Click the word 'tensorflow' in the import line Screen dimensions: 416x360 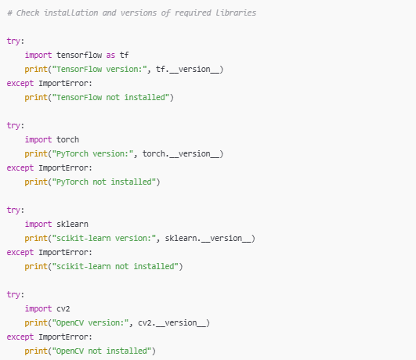tap(79, 55)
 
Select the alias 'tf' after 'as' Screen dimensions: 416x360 tap(124, 55)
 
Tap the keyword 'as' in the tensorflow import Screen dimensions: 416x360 tap(110, 56)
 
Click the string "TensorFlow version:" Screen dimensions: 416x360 tap(99, 69)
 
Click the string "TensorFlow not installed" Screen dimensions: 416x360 tap(110, 97)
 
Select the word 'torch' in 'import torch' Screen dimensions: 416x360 tap(67, 139)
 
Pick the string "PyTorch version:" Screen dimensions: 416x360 tap(92, 154)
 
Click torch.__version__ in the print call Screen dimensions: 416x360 tap(181, 154)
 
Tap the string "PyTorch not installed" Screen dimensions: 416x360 tap(104, 182)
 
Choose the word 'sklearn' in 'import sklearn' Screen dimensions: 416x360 tap(72, 224)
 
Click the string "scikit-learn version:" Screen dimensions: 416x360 tap(104, 238)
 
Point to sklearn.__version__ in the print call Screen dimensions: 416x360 tap(208, 239)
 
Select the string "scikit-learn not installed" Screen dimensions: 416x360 tap(115, 266)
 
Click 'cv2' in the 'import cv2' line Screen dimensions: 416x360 tap(63, 309)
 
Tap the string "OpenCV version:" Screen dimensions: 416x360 tap(90, 323)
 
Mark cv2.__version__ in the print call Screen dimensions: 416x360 tap(172, 323)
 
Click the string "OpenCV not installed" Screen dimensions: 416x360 tap(102, 351)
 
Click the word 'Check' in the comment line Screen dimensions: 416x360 tap(27, 13)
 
